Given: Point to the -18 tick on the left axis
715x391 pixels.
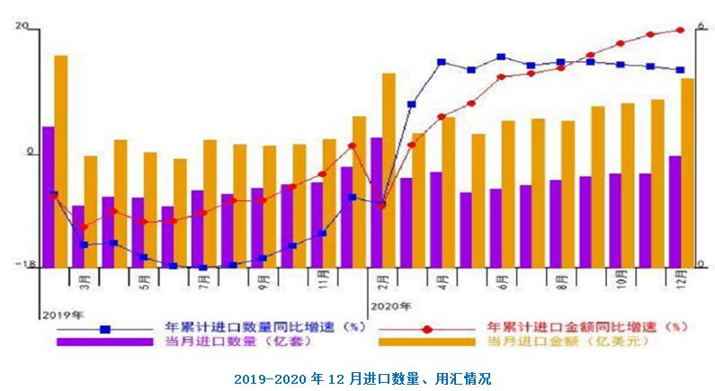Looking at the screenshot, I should (29, 265).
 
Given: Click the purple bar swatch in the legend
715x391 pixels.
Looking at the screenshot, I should (104, 342).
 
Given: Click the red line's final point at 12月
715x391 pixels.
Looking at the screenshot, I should (681, 30).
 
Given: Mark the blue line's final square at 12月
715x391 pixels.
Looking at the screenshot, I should (681, 70).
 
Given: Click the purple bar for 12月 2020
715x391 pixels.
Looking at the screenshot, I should (675, 211).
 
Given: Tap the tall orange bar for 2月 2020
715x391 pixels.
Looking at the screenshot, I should (389, 170).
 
